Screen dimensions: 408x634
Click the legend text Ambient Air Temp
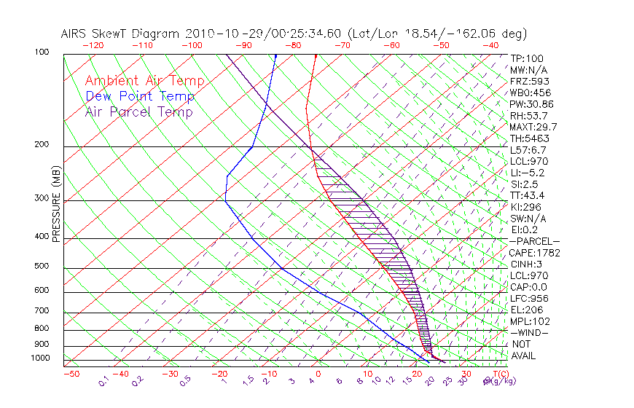[x=144, y=81]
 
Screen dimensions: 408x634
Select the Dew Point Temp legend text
[x=140, y=96]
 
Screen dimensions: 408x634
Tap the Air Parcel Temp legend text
[x=138, y=111]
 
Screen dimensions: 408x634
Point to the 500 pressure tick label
[x=42, y=266]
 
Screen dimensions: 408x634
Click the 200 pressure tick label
[x=42, y=144]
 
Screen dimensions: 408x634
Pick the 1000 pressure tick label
[x=39, y=358]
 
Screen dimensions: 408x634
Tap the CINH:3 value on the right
[x=527, y=264]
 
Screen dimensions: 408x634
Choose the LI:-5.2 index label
[x=527, y=173]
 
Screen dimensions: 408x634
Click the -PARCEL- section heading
[x=534, y=241]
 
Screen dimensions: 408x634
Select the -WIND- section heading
[x=529, y=332]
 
